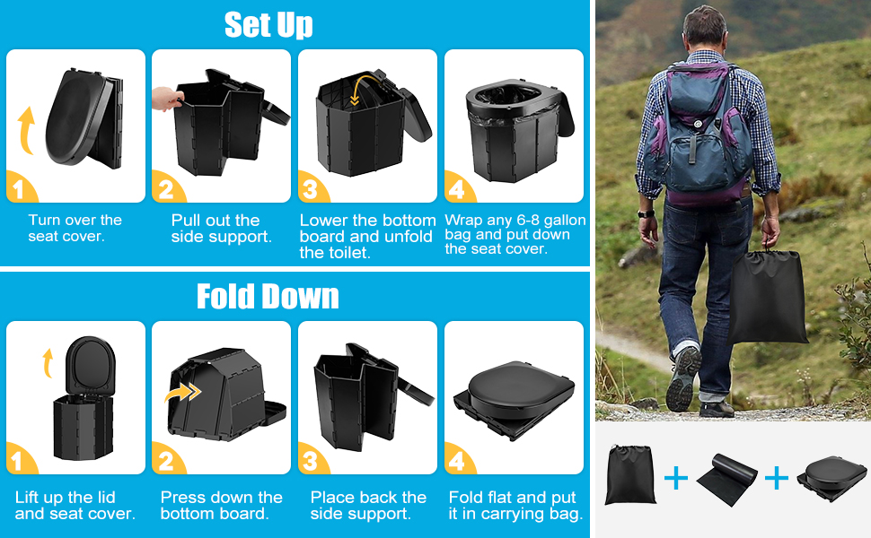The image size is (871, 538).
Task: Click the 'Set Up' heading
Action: pos(268,24)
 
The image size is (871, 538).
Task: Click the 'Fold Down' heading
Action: pos(268,296)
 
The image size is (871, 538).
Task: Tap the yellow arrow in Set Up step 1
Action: pos(25,130)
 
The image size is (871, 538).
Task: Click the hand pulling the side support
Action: pos(165,99)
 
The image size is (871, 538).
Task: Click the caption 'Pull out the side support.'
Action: pos(221,229)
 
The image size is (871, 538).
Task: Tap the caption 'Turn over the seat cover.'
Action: pos(75,228)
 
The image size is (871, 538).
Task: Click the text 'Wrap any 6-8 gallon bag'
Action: pos(515,227)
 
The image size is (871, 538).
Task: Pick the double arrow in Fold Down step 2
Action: pos(183,393)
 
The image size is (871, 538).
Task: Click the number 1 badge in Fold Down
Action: pos(19,459)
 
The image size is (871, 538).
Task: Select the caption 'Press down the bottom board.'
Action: pos(221,506)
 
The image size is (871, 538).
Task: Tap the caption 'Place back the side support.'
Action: pos(368,506)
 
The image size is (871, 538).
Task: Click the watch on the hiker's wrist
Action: pos(646,213)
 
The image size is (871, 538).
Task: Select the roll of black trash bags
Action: pos(726,479)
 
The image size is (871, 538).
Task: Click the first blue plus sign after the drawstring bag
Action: pos(676,478)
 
